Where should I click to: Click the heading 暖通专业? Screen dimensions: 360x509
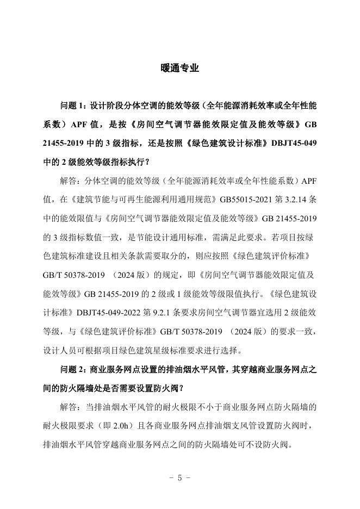pyautogui.click(x=180, y=69)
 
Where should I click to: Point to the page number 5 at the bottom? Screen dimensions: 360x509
pyautogui.click(x=180, y=478)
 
